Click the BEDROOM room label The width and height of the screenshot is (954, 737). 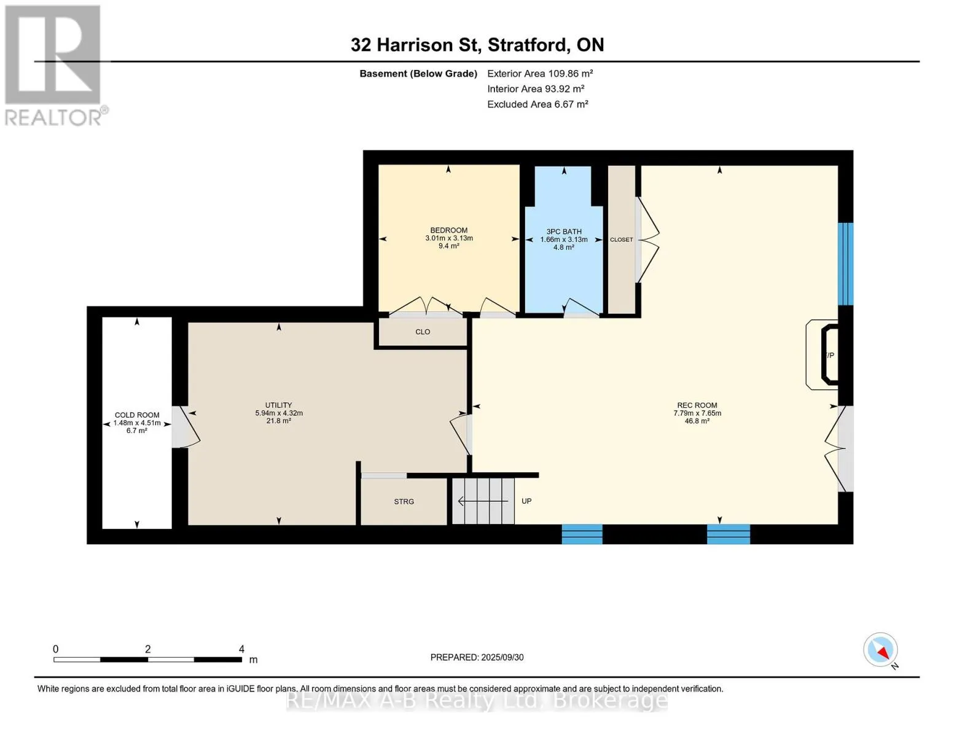point(448,230)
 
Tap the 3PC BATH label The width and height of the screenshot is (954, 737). point(564,232)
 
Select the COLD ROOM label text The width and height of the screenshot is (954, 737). point(137,415)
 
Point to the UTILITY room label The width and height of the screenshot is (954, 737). point(278,405)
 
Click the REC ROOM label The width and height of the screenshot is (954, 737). point(697,405)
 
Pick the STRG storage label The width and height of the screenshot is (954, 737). point(404,501)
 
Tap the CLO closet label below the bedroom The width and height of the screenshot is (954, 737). point(423,332)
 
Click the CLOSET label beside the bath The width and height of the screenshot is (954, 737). point(621,240)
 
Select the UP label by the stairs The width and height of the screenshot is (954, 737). point(526,501)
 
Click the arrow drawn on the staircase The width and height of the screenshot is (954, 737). point(483,501)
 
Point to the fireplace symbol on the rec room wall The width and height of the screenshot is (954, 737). point(823,354)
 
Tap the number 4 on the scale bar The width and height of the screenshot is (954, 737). point(241,649)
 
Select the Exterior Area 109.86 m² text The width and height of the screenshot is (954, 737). point(540,73)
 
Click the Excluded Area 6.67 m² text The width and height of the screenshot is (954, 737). point(538,104)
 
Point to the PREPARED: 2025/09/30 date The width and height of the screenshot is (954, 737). point(477,657)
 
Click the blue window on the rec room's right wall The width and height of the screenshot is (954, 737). point(845,264)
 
